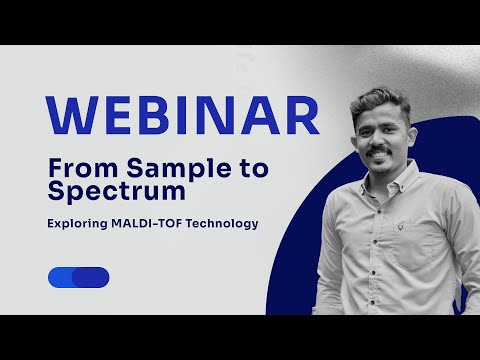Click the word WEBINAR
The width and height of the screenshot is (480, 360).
point(182,116)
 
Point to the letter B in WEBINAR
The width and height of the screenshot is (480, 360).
point(153,116)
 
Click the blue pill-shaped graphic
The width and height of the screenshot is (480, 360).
point(78,277)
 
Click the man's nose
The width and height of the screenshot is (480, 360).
point(379,140)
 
